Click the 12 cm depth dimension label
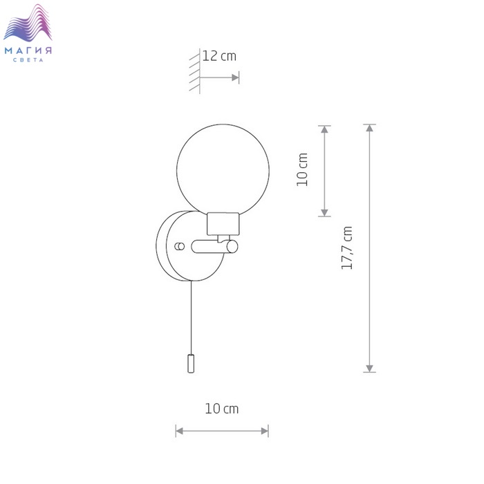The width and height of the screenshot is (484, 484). pos(219,56)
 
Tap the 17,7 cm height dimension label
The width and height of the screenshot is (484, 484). pos(346,248)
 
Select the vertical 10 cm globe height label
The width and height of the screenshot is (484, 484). pos(302,169)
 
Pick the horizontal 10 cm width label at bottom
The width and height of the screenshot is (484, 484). pos(222,409)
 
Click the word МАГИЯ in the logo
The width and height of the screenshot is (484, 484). pos(28,50)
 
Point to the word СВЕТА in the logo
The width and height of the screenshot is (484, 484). pos(28,60)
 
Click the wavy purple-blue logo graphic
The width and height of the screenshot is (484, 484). pos(28,23)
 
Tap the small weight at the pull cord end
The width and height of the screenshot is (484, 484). pos(191,364)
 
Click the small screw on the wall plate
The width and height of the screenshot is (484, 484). pos(180,246)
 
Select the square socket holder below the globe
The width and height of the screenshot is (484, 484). pos(223,224)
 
